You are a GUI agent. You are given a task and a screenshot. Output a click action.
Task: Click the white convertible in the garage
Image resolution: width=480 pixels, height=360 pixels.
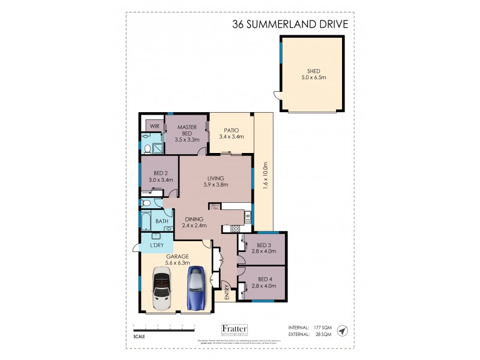tap(162, 290)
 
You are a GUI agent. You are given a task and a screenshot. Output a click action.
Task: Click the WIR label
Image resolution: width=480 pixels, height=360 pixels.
tap(155, 126)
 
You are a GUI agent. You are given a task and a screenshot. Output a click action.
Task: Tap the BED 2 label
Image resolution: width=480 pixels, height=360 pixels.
tap(160, 175)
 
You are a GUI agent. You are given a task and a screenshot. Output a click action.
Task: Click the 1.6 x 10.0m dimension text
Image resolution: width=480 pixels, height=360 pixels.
tap(265, 176)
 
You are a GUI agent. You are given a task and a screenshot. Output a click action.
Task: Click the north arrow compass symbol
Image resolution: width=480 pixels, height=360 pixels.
tap(342, 331)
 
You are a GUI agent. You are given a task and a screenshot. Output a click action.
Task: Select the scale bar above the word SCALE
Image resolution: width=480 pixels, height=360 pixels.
tap(164, 326)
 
